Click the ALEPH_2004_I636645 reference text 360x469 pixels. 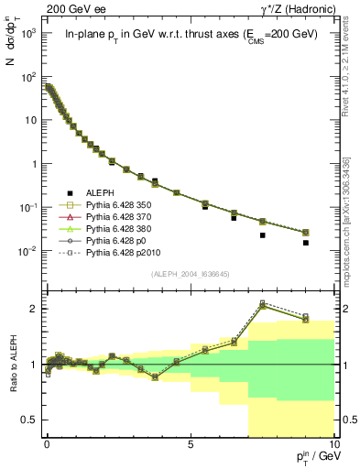(x=191, y=275)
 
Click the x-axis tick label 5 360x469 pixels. (x=190, y=442)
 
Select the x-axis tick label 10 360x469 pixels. (x=332, y=442)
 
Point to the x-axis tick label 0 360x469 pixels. (x=47, y=442)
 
